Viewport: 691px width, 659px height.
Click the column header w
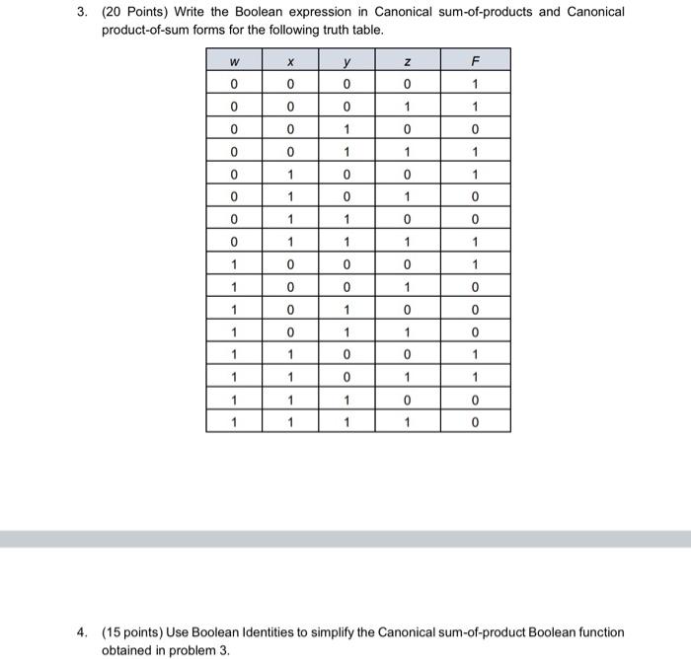(234, 61)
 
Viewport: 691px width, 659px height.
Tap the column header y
(348, 61)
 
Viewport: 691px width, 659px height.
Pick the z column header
(407, 61)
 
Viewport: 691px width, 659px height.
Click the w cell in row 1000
(234, 264)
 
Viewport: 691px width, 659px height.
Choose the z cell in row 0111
(407, 241)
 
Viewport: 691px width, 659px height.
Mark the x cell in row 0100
(291, 173)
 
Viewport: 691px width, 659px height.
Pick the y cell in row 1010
(348, 309)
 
